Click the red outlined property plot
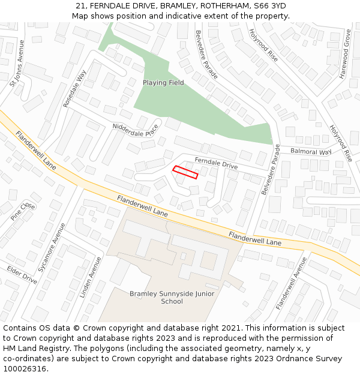tap(185, 172)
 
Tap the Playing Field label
tap(163, 83)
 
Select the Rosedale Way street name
tap(75, 89)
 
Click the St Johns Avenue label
tap(16, 64)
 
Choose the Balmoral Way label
tap(311, 152)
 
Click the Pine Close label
tap(23, 211)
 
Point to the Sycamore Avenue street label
tap(52, 248)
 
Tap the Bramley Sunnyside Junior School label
tap(172, 298)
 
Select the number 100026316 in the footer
tap(25, 369)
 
